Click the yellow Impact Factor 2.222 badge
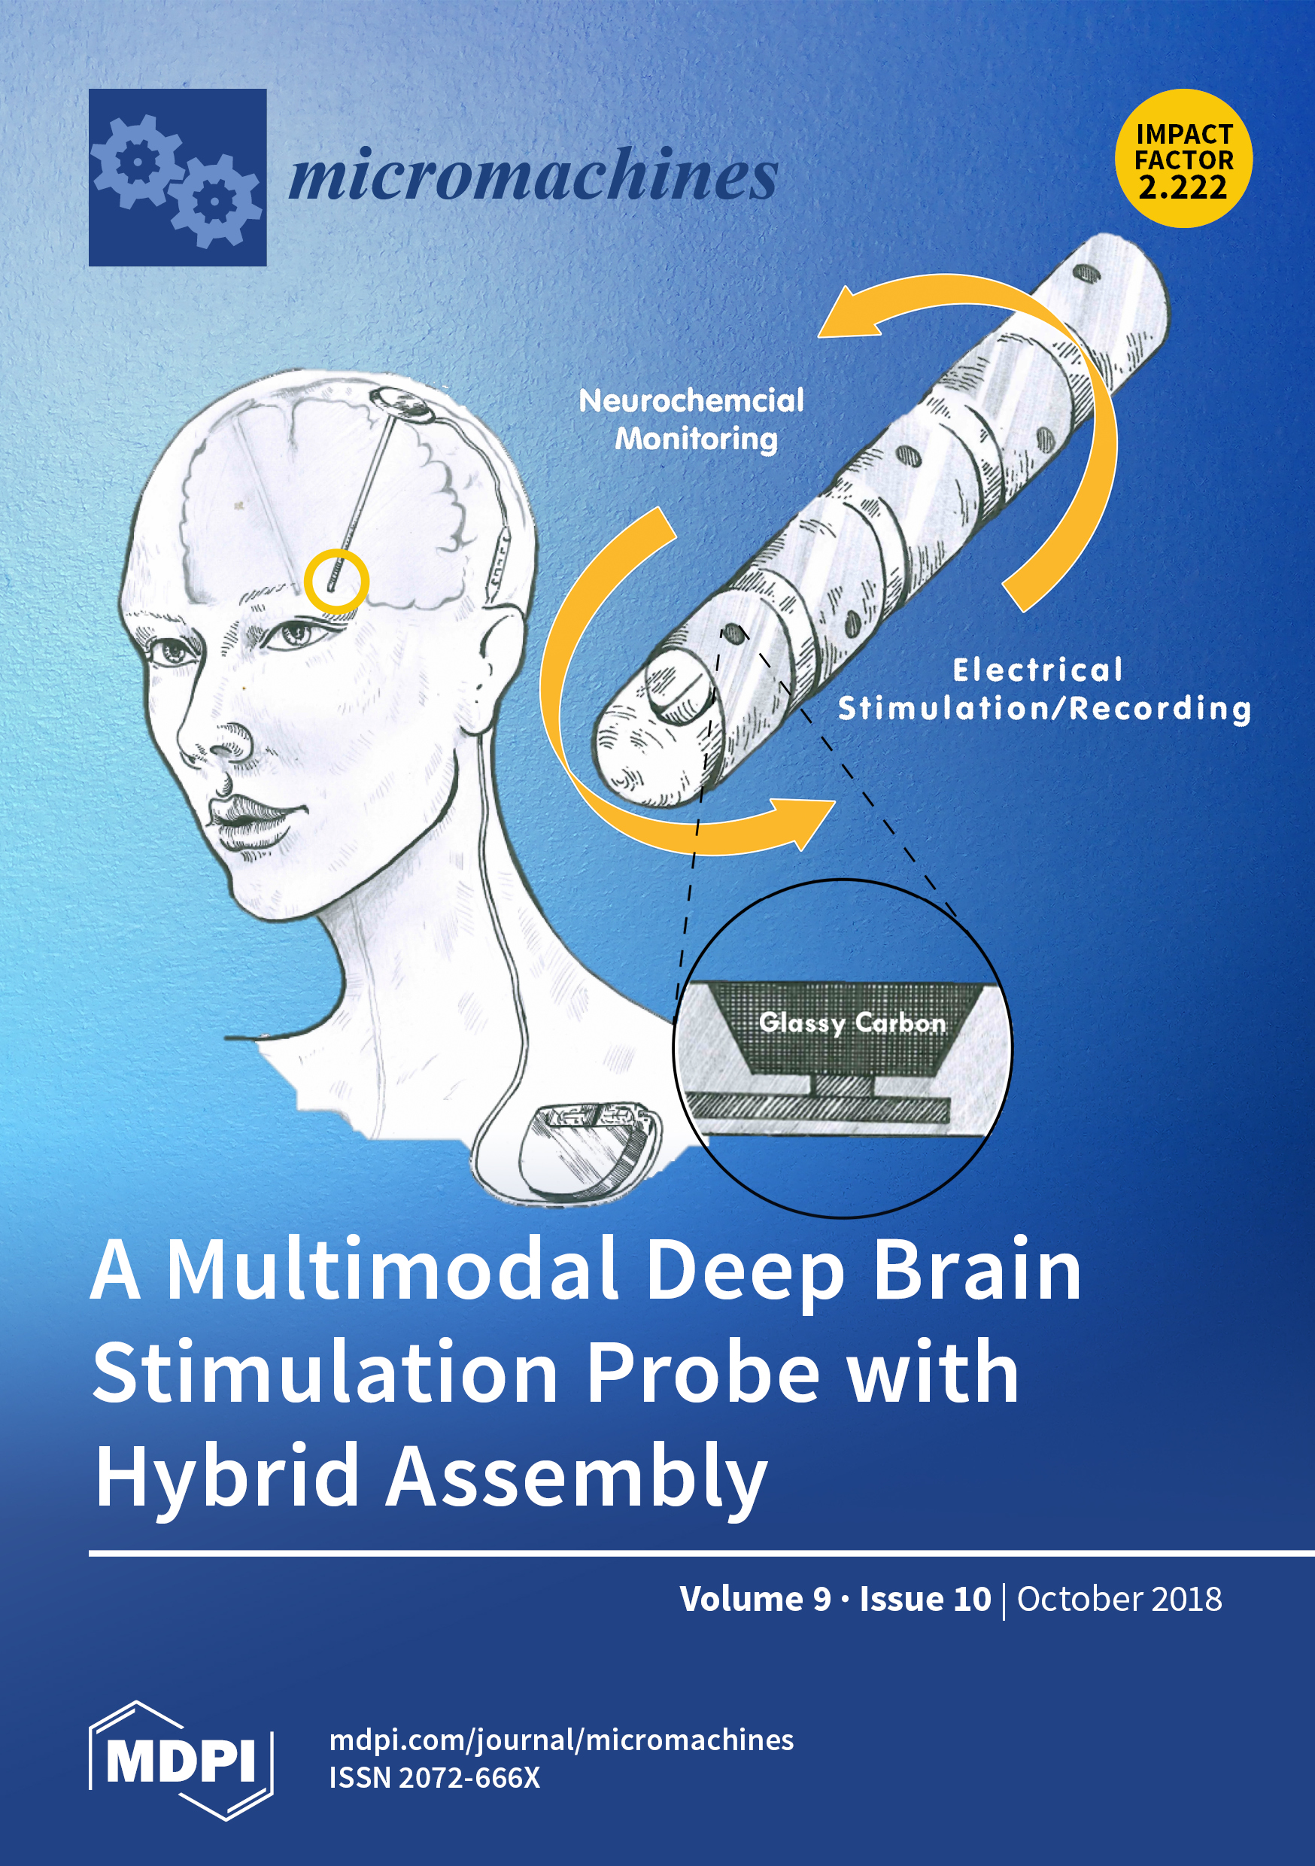1183,160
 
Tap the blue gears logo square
178,177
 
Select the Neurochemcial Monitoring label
691,419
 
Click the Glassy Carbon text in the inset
852,1023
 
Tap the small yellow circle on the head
336,579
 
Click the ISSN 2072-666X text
434,1777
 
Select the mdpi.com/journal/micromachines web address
560,1740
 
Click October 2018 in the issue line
1119,1599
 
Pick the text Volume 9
755,1599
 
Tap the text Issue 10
925,1599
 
